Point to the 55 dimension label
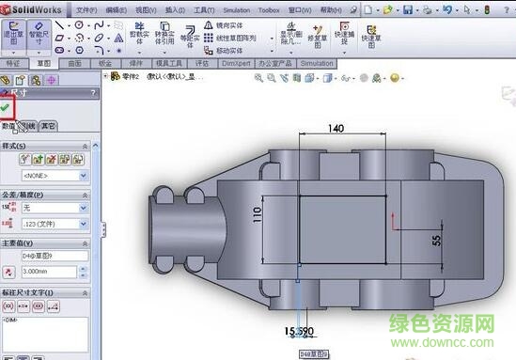[x=437, y=241]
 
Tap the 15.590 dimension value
[x=299, y=330]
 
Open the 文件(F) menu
[x=86, y=9]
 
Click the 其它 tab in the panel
[x=48, y=125]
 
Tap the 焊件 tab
[x=136, y=63]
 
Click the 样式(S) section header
[x=16, y=146]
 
